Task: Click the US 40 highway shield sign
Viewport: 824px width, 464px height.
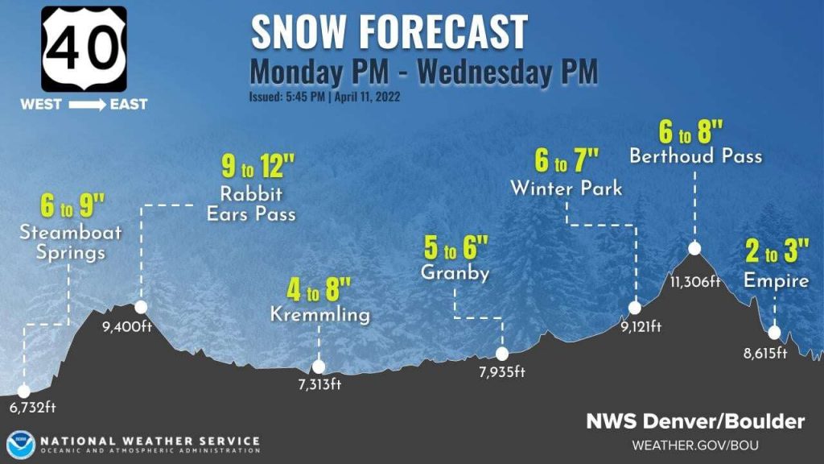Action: [84, 48]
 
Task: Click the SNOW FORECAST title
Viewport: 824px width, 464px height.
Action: [389, 32]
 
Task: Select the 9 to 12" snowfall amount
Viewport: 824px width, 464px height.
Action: [258, 169]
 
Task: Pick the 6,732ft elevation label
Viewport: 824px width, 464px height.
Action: [33, 407]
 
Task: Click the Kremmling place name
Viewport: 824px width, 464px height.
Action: [320, 314]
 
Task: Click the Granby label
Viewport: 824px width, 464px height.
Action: [455, 273]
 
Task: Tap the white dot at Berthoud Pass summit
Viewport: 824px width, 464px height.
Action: [694, 248]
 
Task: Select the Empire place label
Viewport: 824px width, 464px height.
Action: [776, 280]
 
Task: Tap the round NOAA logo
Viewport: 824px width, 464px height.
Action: [20, 445]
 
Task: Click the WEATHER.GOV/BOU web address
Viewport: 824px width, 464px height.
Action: [695, 445]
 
